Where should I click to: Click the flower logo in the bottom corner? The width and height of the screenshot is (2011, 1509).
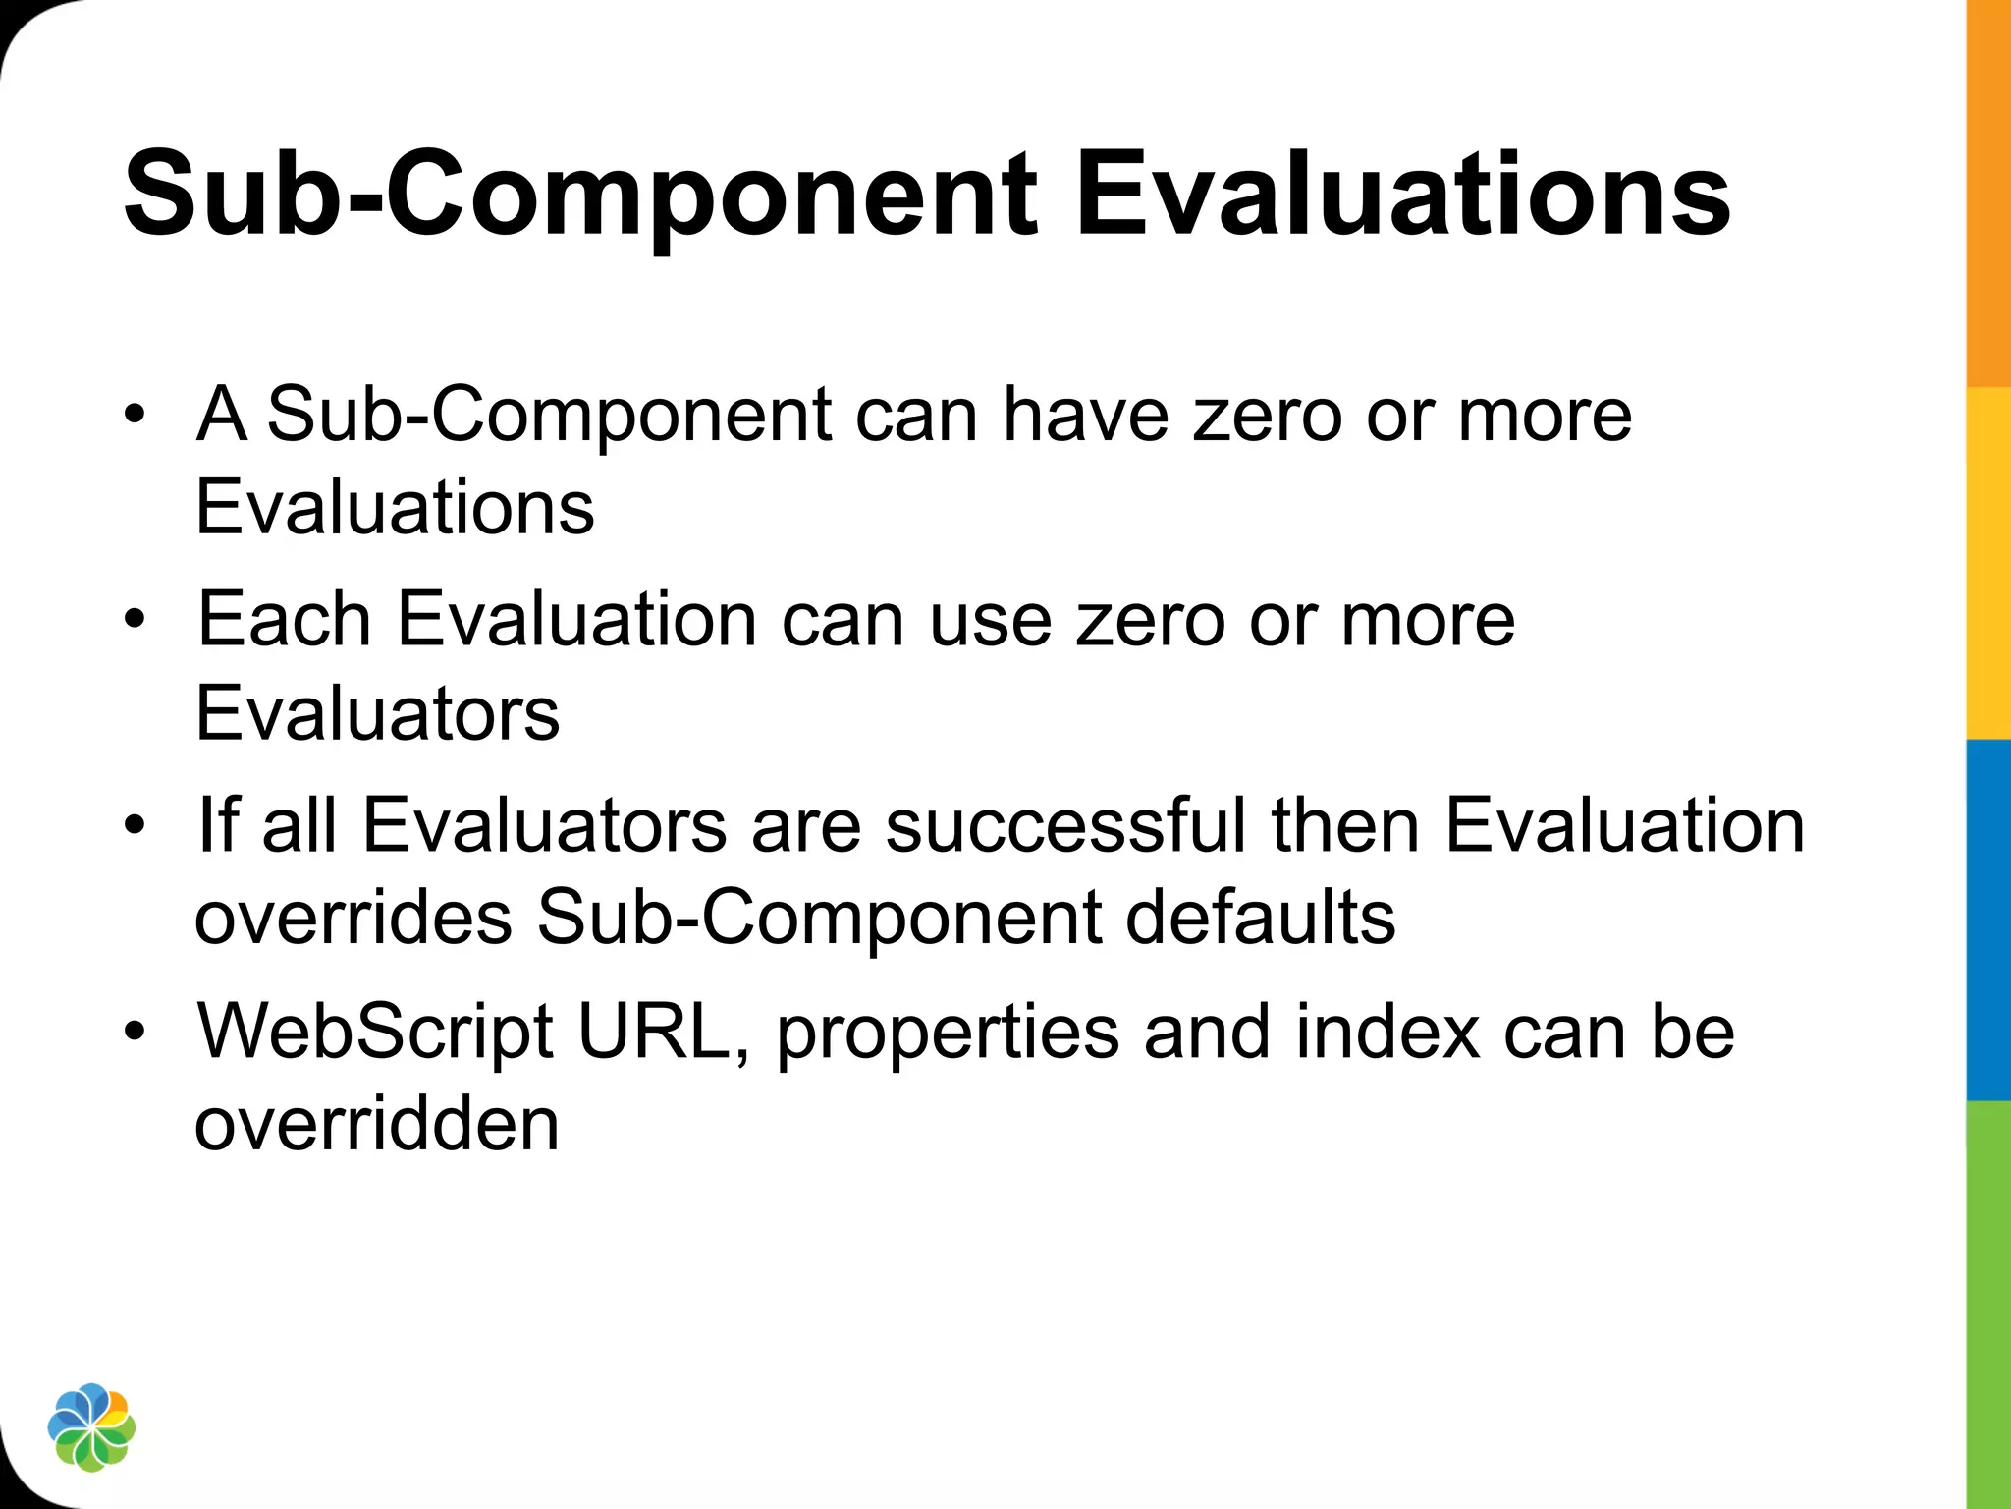pos(91,1426)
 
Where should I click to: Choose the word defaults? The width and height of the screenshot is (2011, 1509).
pos(1260,918)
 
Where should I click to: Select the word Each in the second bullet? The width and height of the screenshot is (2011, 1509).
pos(285,620)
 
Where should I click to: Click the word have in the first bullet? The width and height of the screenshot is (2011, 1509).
pos(1085,415)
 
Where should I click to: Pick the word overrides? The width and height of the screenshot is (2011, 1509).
pos(353,918)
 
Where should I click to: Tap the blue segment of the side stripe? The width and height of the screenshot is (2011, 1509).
pos(1988,919)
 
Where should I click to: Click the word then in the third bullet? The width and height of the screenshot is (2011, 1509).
pos(1345,825)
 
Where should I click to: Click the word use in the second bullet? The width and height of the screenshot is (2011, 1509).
pos(991,622)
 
